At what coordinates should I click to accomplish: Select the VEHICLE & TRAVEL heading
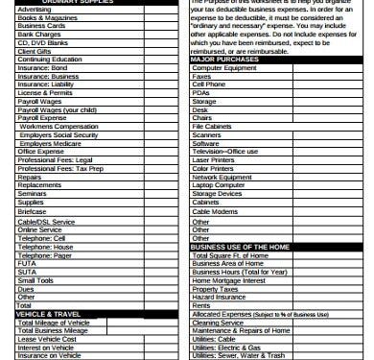tap(47, 314)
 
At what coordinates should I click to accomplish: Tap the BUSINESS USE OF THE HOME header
tap(241, 246)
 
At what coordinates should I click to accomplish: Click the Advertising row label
tap(35, 9)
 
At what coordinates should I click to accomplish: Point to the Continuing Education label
tap(49, 60)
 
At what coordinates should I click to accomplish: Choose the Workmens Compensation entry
tap(58, 127)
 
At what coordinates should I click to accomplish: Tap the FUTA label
tap(27, 263)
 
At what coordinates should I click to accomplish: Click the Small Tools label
tap(35, 279)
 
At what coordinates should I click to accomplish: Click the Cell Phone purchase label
tap(210, 84)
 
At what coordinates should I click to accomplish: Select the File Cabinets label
tap(213, 127)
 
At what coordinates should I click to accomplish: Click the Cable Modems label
tap(216, 211)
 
